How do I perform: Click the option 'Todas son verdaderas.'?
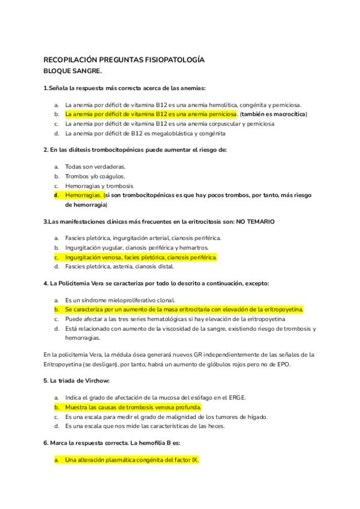click(95, 166)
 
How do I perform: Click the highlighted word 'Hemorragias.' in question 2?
click(83, 195)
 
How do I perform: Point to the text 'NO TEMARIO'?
click(255, 221)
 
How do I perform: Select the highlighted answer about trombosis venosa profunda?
click(133, 407)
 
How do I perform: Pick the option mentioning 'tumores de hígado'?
click(166, 417)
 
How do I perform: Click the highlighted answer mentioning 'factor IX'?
click(132, 460)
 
